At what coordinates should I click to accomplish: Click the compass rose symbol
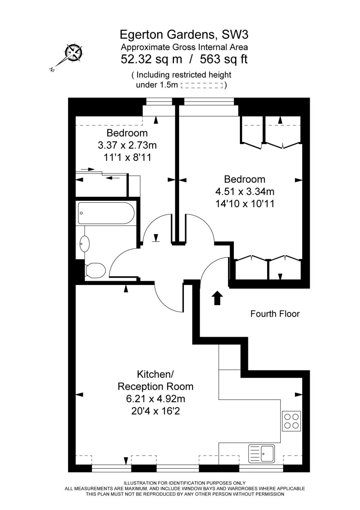point(73,53)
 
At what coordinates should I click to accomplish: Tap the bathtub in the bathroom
point(106,213)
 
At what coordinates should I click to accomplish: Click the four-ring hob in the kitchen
point(291,421)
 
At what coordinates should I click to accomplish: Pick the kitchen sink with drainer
point(261,453)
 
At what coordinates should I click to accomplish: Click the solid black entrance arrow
point(217,298)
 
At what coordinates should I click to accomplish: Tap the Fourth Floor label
point(275,313)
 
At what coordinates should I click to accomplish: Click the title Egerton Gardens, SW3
point(184,34)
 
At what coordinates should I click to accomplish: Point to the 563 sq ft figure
point(223,59)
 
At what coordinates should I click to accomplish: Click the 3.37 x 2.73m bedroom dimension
point(127,145)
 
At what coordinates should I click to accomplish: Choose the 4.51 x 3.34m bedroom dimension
point(244,191)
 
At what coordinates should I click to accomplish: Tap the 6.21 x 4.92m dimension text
point(155,398)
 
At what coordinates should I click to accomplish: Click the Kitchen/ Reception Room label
point(155,380)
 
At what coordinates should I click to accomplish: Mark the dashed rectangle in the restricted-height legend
point(202,85)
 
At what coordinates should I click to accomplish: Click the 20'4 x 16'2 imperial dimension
point(155,411)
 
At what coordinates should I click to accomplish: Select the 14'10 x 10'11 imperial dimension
point(244,204)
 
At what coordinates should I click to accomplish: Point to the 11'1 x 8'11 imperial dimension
point(127,157)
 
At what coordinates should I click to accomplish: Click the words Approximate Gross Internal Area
point(184,47)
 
